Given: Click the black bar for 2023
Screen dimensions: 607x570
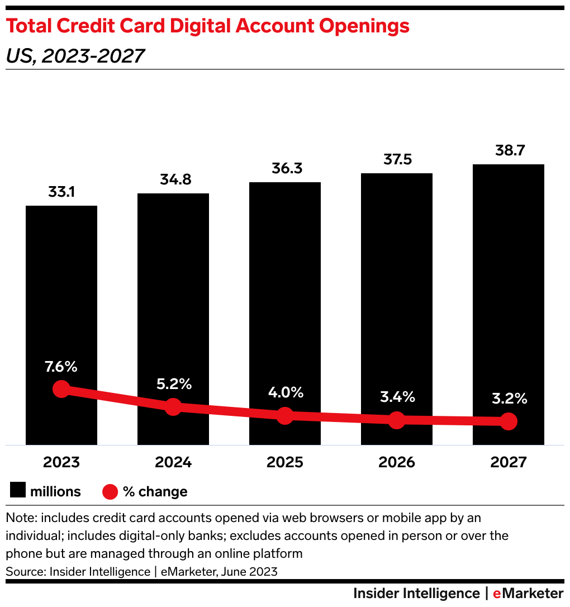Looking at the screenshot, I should point(61,291).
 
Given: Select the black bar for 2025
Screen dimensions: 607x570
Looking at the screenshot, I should point(285,279).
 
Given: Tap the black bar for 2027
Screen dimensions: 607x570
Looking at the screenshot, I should point(509,268).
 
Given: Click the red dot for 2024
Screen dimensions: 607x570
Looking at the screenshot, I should point(173,407).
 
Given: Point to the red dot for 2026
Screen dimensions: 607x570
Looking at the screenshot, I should point(397,420).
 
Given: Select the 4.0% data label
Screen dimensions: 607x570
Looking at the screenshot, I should point(285,392).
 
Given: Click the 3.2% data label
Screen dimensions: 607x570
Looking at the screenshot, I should point(509,399).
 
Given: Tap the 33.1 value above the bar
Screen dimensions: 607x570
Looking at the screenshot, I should point(61,193).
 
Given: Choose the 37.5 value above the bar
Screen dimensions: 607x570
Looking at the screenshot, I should point(397,160).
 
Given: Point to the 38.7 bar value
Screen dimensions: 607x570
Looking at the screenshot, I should point(509,151).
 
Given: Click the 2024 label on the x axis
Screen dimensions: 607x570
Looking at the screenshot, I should point(173,462).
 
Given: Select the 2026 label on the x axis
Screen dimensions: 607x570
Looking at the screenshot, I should point(397,462).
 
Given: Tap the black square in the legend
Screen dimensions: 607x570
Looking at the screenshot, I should point(17,491).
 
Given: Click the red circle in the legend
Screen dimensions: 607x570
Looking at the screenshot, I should point(110,492).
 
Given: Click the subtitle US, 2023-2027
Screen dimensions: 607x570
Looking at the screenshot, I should point(75,56).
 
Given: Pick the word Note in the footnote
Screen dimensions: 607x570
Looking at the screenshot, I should point(19,518).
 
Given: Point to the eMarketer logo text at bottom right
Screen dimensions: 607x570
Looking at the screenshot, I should point(528,593).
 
